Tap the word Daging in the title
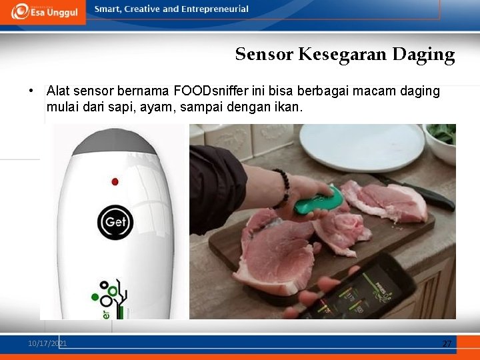coord(423,55)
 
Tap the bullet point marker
coord(31,91)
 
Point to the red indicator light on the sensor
coord(115,181)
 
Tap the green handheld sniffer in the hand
coord(318,200)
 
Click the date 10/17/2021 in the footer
coord(47,343)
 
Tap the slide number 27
coord(447,344)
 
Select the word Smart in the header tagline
coord(107,9)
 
